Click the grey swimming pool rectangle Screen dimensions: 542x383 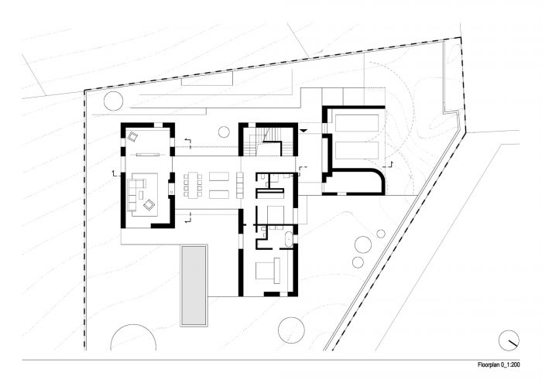point(194,286)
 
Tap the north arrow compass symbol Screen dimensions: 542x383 point(509,340)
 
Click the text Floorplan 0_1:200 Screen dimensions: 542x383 point(499,364)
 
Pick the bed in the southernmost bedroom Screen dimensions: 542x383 point(268,271)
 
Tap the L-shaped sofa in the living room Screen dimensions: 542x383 point(135,194)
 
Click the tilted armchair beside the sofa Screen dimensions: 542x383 point(149,205)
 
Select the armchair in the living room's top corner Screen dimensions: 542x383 point(132,137)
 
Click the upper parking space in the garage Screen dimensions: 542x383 point(356,123)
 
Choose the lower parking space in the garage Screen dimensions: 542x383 point(356,150)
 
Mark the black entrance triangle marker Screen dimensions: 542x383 point(304,131)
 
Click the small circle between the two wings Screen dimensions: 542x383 point(224,132)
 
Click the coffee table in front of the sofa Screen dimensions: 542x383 point(141,195)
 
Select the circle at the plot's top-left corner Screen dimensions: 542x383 point(113,101)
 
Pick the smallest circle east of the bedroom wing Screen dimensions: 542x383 point(381,234)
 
